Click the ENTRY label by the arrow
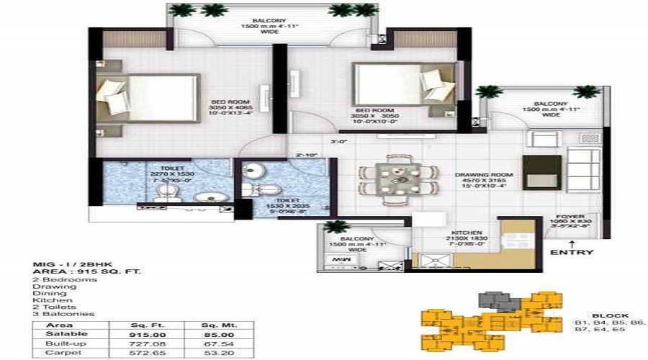tap(572, 252)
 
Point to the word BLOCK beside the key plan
tap(609, 315)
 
